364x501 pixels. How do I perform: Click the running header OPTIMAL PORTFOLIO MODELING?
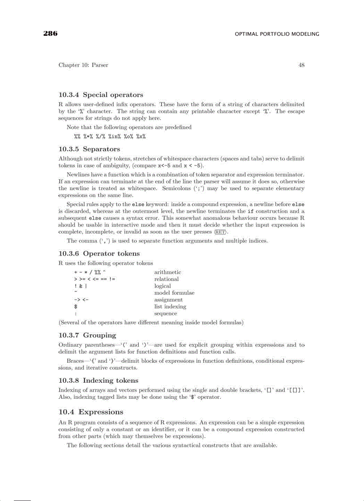pos(277,34)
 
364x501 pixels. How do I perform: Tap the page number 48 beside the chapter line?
pos(302,65)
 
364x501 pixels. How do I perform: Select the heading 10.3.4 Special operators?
pos(101,95)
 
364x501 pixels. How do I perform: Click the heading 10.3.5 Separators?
pos(89,149)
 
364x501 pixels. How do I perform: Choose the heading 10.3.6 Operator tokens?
pos(99,253)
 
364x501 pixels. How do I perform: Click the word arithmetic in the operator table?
pos(167,272)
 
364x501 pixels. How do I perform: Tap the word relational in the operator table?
pos(166,279)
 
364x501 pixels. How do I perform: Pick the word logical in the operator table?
pos(162,286)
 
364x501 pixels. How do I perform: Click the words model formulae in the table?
pos(174,293)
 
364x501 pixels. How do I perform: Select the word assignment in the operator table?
pos(168,300)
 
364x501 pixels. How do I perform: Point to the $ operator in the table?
pos(76,306)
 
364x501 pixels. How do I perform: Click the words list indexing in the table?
pos(170,306)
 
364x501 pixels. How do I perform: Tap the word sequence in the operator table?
pos(165,314)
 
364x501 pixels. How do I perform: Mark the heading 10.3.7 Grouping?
pos(87,335)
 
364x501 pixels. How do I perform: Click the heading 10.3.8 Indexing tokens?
pos(98,381)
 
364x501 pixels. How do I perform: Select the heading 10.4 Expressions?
pos(91,412)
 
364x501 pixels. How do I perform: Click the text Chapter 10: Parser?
pos(83,65)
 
